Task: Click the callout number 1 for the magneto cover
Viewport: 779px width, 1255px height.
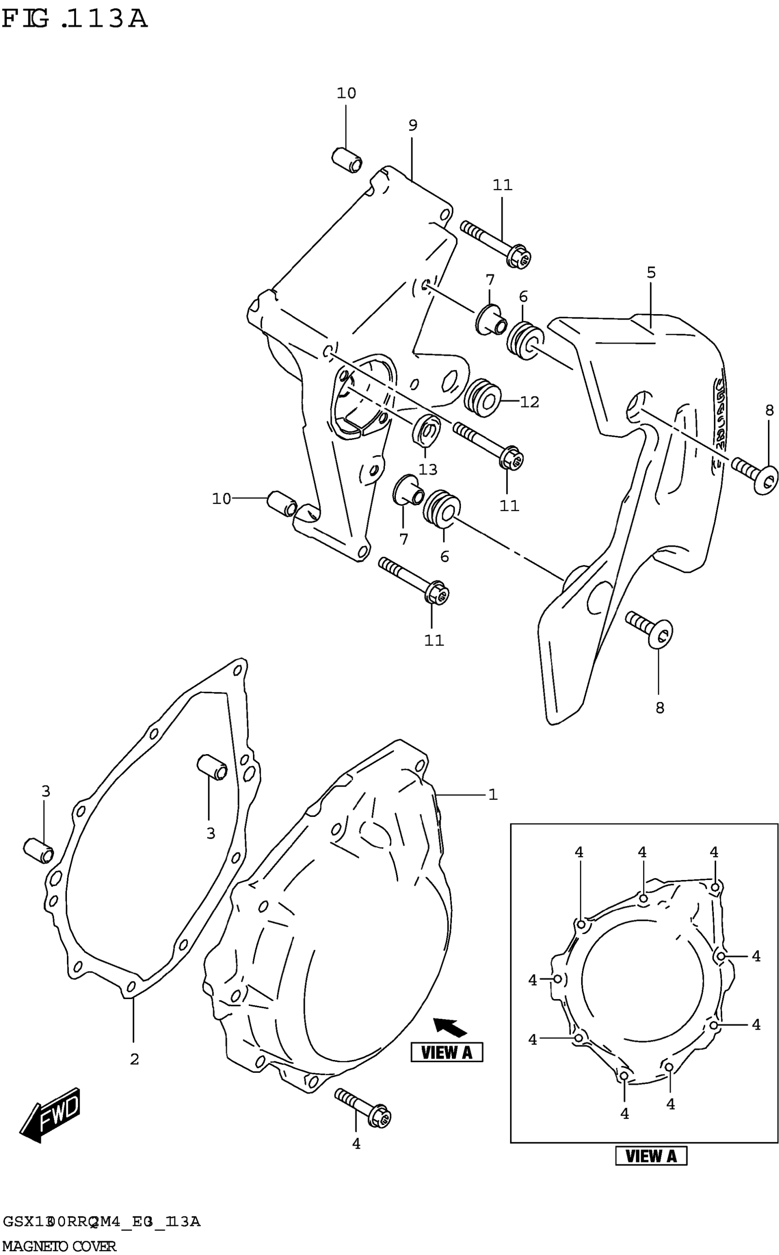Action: [x=493, y=795]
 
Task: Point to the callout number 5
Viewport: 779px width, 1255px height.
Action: [x=651, y=273]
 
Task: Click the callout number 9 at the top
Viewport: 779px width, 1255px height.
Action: [x=413, y=125]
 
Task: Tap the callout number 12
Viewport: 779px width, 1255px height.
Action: [x=529, y=402]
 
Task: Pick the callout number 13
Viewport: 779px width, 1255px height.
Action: [x=428, y=469]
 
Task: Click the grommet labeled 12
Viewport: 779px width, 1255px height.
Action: [x=482, y=398]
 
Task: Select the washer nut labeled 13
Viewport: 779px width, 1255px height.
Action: [x=426, y=429]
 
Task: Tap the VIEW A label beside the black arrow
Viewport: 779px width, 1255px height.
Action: [x=447, y=1052]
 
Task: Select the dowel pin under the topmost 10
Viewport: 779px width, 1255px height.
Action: [x=346, y=160]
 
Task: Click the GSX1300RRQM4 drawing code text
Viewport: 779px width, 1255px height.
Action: [x=101, y=1222]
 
